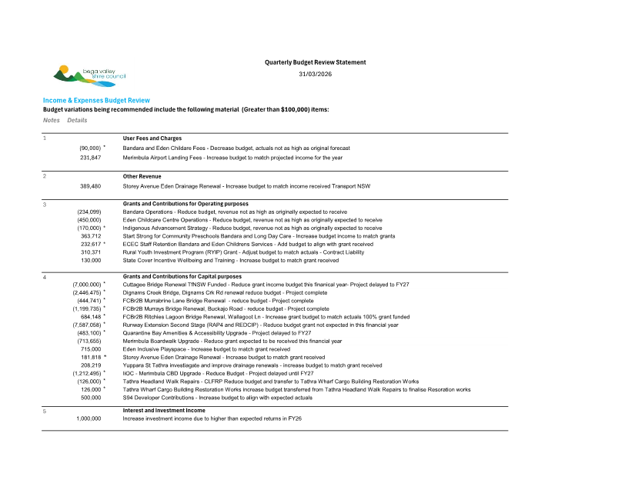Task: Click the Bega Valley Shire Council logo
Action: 89,75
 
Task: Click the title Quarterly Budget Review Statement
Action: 316,62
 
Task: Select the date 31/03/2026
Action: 316,74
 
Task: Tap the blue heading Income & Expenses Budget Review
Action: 96,101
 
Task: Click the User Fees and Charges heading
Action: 152,138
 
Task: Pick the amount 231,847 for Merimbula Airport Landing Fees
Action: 90,157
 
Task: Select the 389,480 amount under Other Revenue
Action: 90,186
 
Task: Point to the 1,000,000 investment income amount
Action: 89,418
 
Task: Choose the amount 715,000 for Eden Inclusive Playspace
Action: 91,349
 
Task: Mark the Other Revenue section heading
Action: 142,176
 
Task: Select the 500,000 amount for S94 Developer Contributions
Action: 91,398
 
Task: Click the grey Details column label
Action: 77,120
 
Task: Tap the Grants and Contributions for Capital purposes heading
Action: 182,276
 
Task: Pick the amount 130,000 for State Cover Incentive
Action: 91,260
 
